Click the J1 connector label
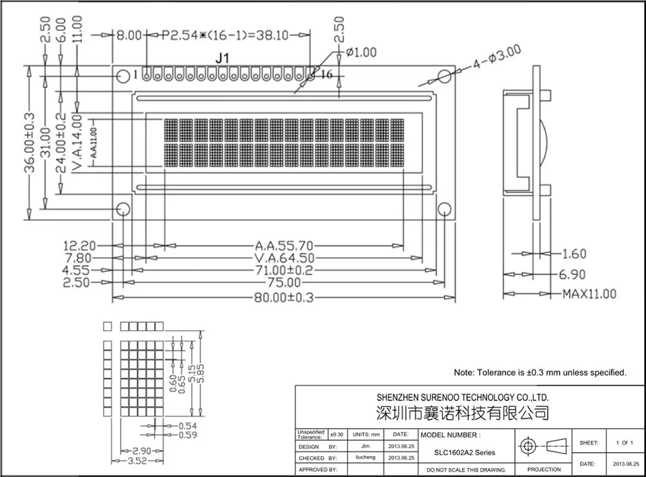pos(223,59)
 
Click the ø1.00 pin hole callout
pos(361,52)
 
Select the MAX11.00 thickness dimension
pos(589,294)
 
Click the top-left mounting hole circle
pos(122,76)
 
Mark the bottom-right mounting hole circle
pos(445,209)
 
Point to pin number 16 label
pos(326,75)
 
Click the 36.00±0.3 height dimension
pos(29,142)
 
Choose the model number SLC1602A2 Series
pos(464,453)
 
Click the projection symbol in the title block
pos(544,446)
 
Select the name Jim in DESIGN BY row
pos(365,446)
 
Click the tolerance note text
pos(540,372)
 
